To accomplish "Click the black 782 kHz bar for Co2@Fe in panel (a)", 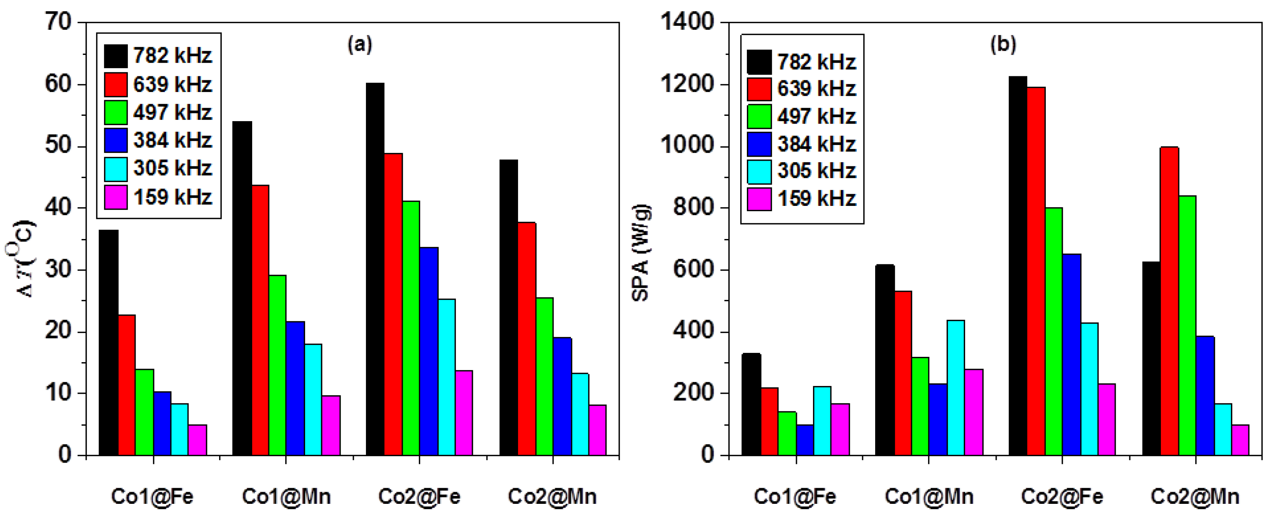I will coord(375,269).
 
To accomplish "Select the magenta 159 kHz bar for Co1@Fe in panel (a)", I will coord(197,440).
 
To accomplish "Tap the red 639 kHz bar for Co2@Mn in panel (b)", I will coord(1170,302).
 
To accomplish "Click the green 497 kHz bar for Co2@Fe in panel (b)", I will coord(1054,331).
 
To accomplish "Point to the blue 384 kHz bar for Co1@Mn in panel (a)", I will coord(295,388).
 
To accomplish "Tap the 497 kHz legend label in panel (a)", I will coord(172,112).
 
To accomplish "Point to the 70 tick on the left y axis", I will coord(59,22).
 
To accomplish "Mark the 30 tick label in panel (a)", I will coord(59,270).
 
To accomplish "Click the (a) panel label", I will coord(360,45).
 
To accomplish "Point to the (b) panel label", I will coord(1003,45).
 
